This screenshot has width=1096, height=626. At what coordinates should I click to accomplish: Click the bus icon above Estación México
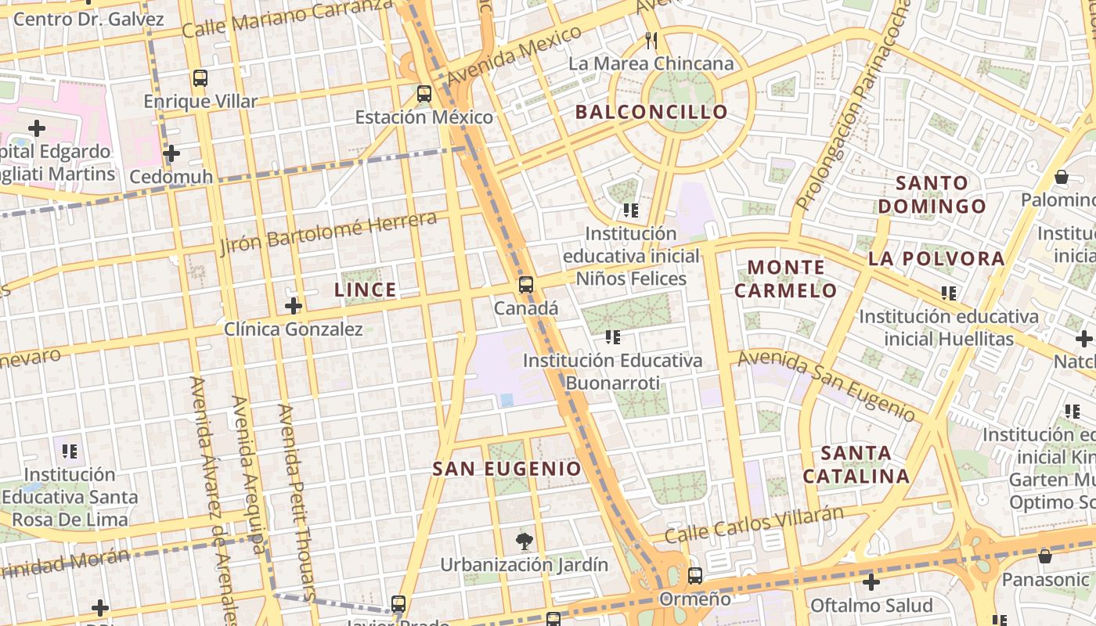[x=424, y=94]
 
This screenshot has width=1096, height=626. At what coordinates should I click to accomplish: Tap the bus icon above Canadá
[x=526, y=285]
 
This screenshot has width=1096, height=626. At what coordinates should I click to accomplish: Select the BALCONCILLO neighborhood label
[x=651, y=112]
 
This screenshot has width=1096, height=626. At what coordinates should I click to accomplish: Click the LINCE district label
[x=366, y=290]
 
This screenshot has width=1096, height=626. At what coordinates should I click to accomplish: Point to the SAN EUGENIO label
[x=507, y=469]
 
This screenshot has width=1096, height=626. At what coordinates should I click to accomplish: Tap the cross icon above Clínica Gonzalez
[x=294, y=306]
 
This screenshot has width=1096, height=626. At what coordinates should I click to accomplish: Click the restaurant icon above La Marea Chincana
[x=651, y=41]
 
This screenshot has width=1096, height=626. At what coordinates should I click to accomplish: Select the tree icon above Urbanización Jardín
[x=524, y=541]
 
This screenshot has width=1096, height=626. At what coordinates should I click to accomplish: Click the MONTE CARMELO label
[x=785, y=279]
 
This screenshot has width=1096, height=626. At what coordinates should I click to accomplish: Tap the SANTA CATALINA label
[x=856, y=464]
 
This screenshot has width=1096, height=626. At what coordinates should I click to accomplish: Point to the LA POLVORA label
[x=936, y=259]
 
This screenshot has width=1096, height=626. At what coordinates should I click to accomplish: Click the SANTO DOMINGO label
[x=932, y=195]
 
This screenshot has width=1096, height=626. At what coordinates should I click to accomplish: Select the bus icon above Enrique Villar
[x=200, y=78]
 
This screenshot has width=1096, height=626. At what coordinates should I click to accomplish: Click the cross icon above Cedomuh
[x=171, y=153]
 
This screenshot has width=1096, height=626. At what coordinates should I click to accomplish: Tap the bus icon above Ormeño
[x=695, y=577]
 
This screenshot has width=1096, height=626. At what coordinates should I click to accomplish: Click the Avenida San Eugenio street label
[x=827, y=384]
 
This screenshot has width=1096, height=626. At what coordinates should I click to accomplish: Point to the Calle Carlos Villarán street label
[x=754, y=525]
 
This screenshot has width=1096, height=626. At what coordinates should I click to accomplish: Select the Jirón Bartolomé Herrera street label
[x=328, y=232]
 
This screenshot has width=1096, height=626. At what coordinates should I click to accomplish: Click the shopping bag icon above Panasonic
[x=1044, y=556]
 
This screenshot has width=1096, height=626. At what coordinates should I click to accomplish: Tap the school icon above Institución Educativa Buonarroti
[x=612, y=337]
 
